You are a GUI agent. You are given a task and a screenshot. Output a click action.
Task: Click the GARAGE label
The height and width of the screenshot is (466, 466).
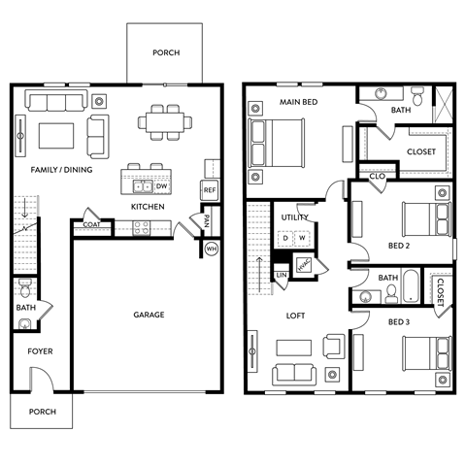point(149,315)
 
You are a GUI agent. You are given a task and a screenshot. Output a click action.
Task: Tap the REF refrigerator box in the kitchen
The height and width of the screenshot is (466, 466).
point(209,190)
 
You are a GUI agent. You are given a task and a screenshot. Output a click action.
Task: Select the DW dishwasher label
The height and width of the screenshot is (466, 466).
point(162,187)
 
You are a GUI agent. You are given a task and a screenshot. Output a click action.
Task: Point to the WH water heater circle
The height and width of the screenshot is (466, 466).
point(211,249)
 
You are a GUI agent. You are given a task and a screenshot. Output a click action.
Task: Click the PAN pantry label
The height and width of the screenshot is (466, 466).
point(207,221)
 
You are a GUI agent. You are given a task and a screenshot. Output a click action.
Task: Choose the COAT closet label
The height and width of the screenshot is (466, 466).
point(91,225)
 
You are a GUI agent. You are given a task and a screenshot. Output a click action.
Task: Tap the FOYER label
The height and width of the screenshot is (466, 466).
point(40,351)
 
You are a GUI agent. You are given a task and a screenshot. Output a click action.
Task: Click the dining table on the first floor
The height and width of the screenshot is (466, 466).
point(164,121)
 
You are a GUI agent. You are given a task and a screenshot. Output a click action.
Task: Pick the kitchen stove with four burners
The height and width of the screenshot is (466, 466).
point(141,227)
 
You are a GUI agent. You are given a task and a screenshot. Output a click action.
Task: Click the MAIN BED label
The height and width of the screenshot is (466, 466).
point(300,100)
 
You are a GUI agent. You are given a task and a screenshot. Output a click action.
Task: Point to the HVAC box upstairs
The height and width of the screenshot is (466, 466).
point(303,265)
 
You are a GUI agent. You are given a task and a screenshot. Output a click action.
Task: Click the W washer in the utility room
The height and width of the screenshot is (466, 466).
point(303,237)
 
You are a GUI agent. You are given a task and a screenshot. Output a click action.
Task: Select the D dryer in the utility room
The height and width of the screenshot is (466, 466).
point(285,237)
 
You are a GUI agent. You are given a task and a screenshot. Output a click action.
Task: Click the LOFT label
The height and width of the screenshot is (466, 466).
point(295,316)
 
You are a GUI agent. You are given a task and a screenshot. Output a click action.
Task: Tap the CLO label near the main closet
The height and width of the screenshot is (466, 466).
point(377,176)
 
